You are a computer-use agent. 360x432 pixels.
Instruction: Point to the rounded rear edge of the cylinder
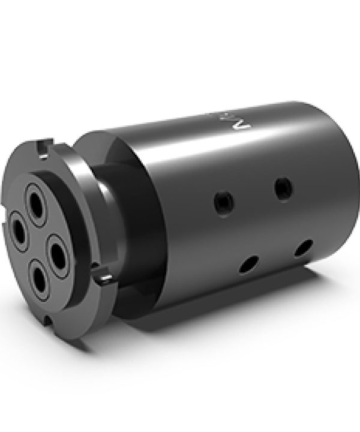coord(345,180)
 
